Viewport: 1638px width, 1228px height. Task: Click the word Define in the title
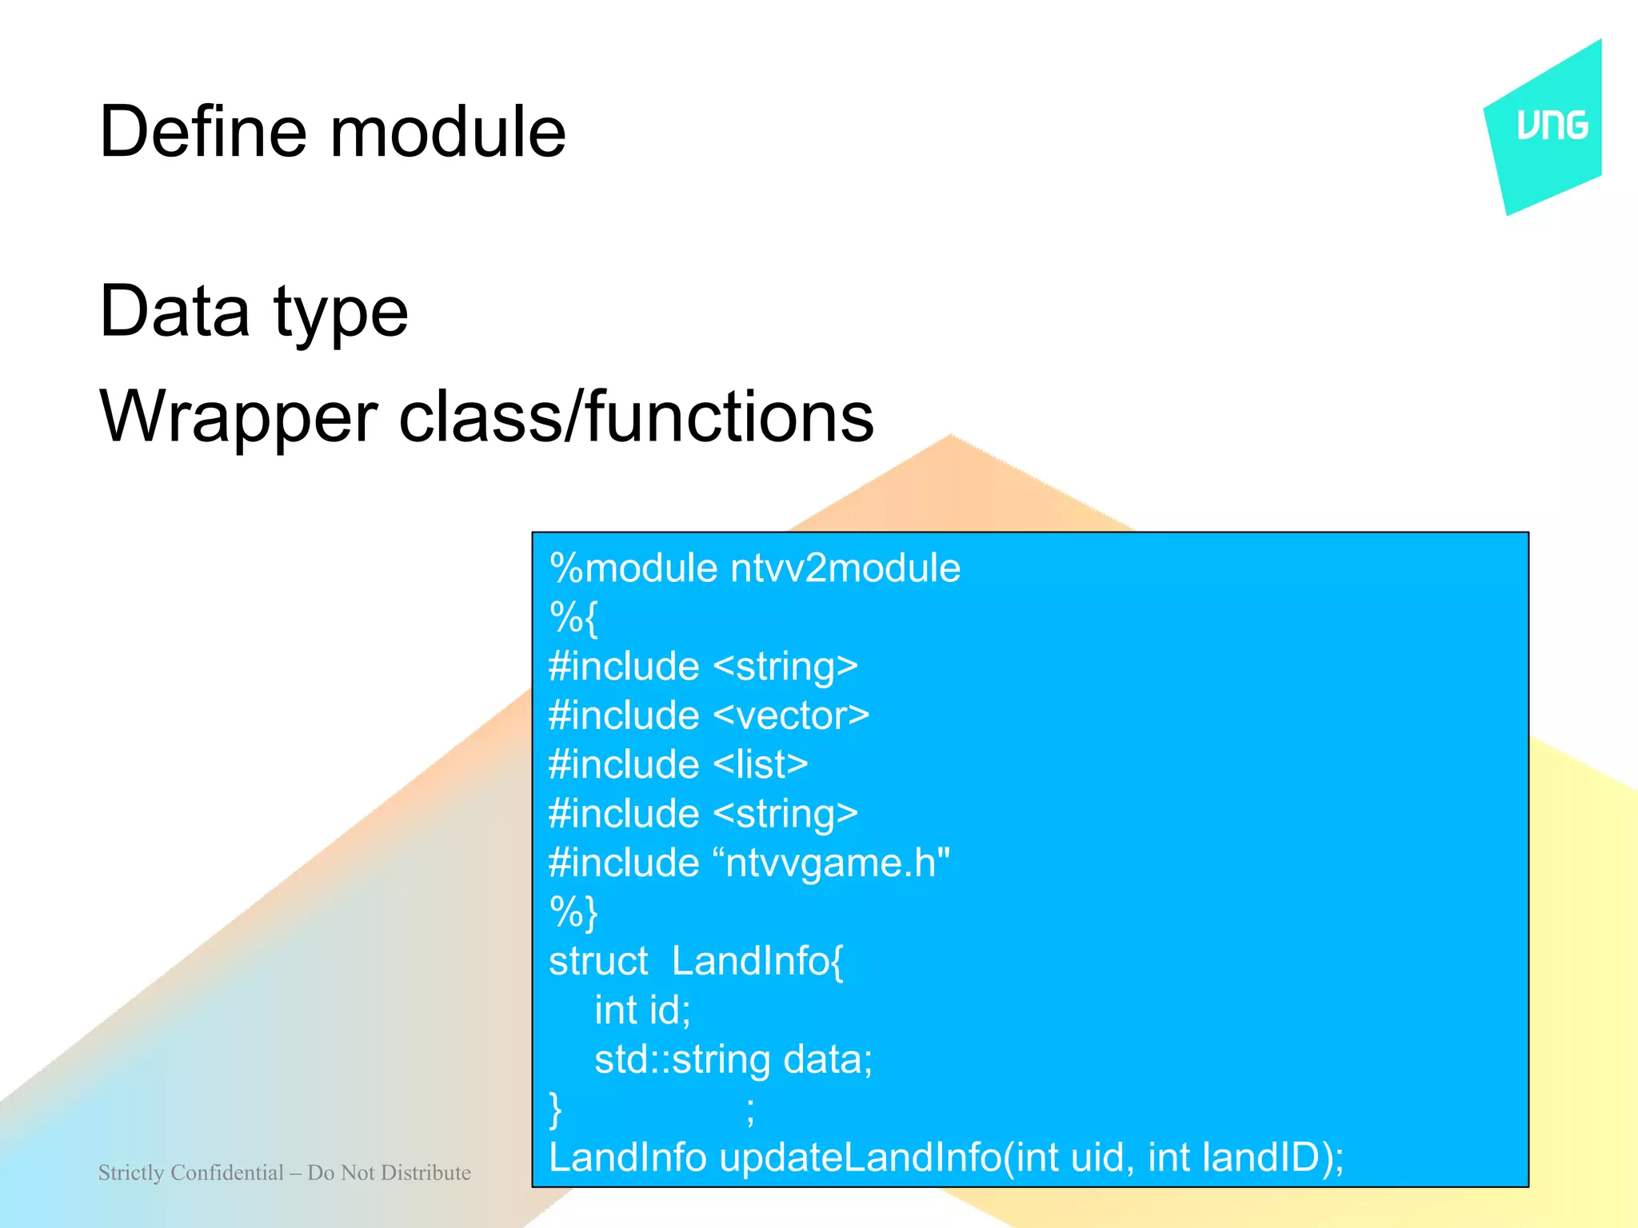[x=202, y=132]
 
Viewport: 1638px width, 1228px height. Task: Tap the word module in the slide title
[x=448, y=132]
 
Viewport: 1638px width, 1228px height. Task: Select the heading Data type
[x=254, y=312]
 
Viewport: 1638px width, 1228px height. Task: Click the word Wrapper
[x=238, y=417]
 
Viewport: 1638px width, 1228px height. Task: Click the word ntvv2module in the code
[x=845, y=568]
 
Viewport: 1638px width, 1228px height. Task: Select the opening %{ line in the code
[x=573, y=617]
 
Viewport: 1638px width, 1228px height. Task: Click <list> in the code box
[x=760, y=764]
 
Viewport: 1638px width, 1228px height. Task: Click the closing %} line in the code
[x=573, y=912]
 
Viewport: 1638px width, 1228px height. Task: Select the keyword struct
[x=598, y=961]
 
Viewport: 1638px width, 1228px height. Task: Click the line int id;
[x=641, y=1010]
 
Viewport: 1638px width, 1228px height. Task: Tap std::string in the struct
[x=681, y=1059]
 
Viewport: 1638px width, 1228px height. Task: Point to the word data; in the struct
[x=828, y=1059]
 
